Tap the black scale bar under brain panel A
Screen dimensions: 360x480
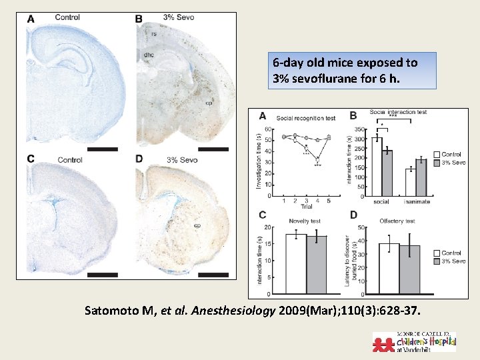pyautogui.click(x=103, y=149)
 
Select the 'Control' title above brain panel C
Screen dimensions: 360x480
pyautogui.click(x=70, y=160)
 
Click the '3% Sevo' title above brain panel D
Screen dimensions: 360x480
pyautogui.click(x=181, y=160)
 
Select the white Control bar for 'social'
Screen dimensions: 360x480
pyautogui.click(x=377, y=167)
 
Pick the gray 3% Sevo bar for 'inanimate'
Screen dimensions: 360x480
pyautogui.click(x=421, y=177)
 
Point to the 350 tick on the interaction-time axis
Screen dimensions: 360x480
pyautogui.click(x=359, y=129)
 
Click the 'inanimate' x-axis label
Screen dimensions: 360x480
pyautogui.click(x=417, y=201)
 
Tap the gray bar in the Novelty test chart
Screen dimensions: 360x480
pyautogui.click(x=316, y=265)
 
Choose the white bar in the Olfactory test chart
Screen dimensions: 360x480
pyautogui.click(x=389, y=268)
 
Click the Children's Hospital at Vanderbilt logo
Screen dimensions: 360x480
pyautogui.click(x=414, y=341)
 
